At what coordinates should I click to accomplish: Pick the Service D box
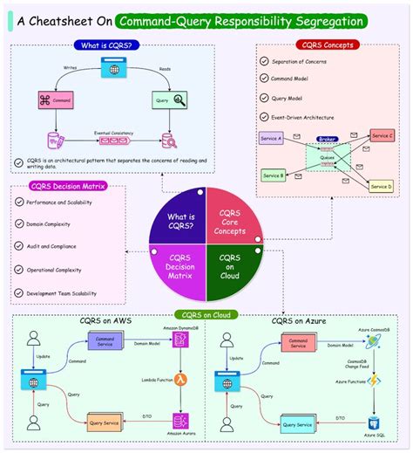coord(382,186)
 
